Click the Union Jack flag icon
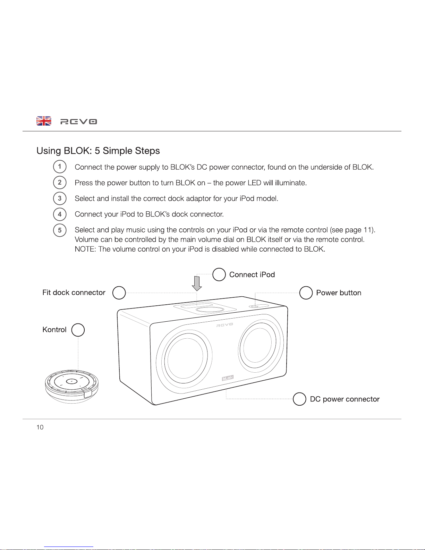click(x=44, y=121)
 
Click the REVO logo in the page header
click(x=79, y=121)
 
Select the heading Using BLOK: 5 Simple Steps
click(x=98, y=151)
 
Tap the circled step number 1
click(x=60, y=167)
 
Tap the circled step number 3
click(x=60, y=198)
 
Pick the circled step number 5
click(x=60, y=230)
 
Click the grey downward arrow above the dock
click(x=197, y=283)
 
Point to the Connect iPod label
click(x=252, y=275)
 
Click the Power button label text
click(x=339, y=293)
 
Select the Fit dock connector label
click(x=74, y=293)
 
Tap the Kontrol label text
click(x=54, y=330)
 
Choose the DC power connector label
click(x=345, y=399)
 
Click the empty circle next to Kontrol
click(x=78, y=330)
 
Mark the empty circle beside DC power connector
click(x=299, y=399)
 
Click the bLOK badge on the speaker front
click(x=228, y=378)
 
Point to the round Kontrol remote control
click(x=72, y=386)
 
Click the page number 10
click(x=40, y=427)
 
